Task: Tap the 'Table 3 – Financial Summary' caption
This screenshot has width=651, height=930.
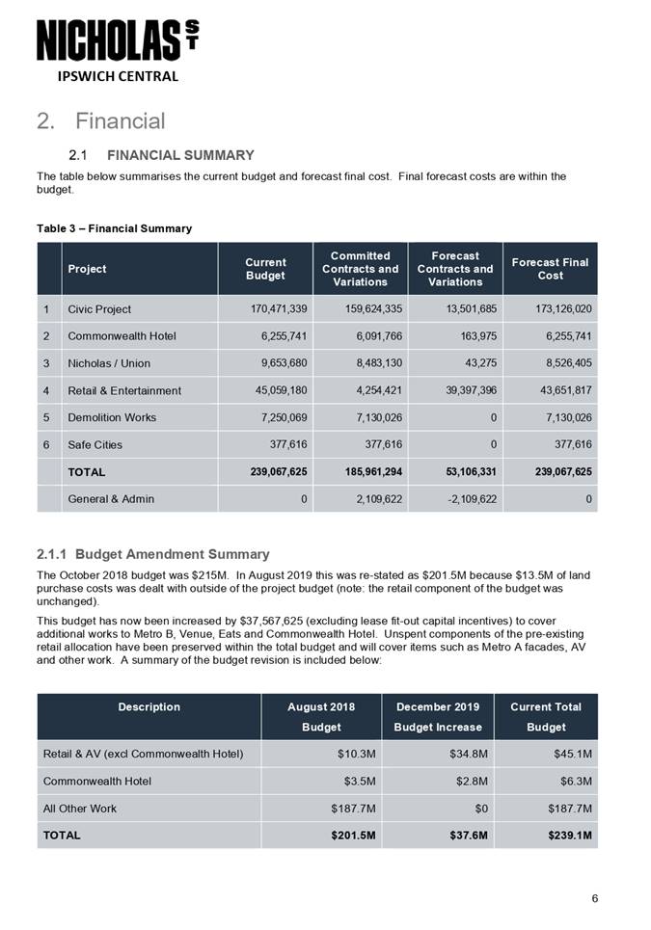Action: point(114,228)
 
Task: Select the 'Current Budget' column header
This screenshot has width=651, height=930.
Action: point(265,269)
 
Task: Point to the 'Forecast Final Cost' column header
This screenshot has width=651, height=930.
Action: point(550,269)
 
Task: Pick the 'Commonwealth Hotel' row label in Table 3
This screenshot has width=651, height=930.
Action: point(122,336)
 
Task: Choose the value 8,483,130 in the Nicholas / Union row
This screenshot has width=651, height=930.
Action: point(371,363)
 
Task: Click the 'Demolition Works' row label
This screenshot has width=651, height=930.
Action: point(112,417)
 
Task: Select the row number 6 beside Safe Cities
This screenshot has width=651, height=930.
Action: point(45,444)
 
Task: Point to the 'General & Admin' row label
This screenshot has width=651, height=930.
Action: point(111,499)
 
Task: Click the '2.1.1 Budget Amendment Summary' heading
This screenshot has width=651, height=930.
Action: point(152,554)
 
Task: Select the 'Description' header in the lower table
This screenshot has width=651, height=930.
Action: point(149,706)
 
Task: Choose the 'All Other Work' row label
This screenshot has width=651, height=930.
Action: point(78,808)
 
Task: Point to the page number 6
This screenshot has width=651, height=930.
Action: point(595,899)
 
